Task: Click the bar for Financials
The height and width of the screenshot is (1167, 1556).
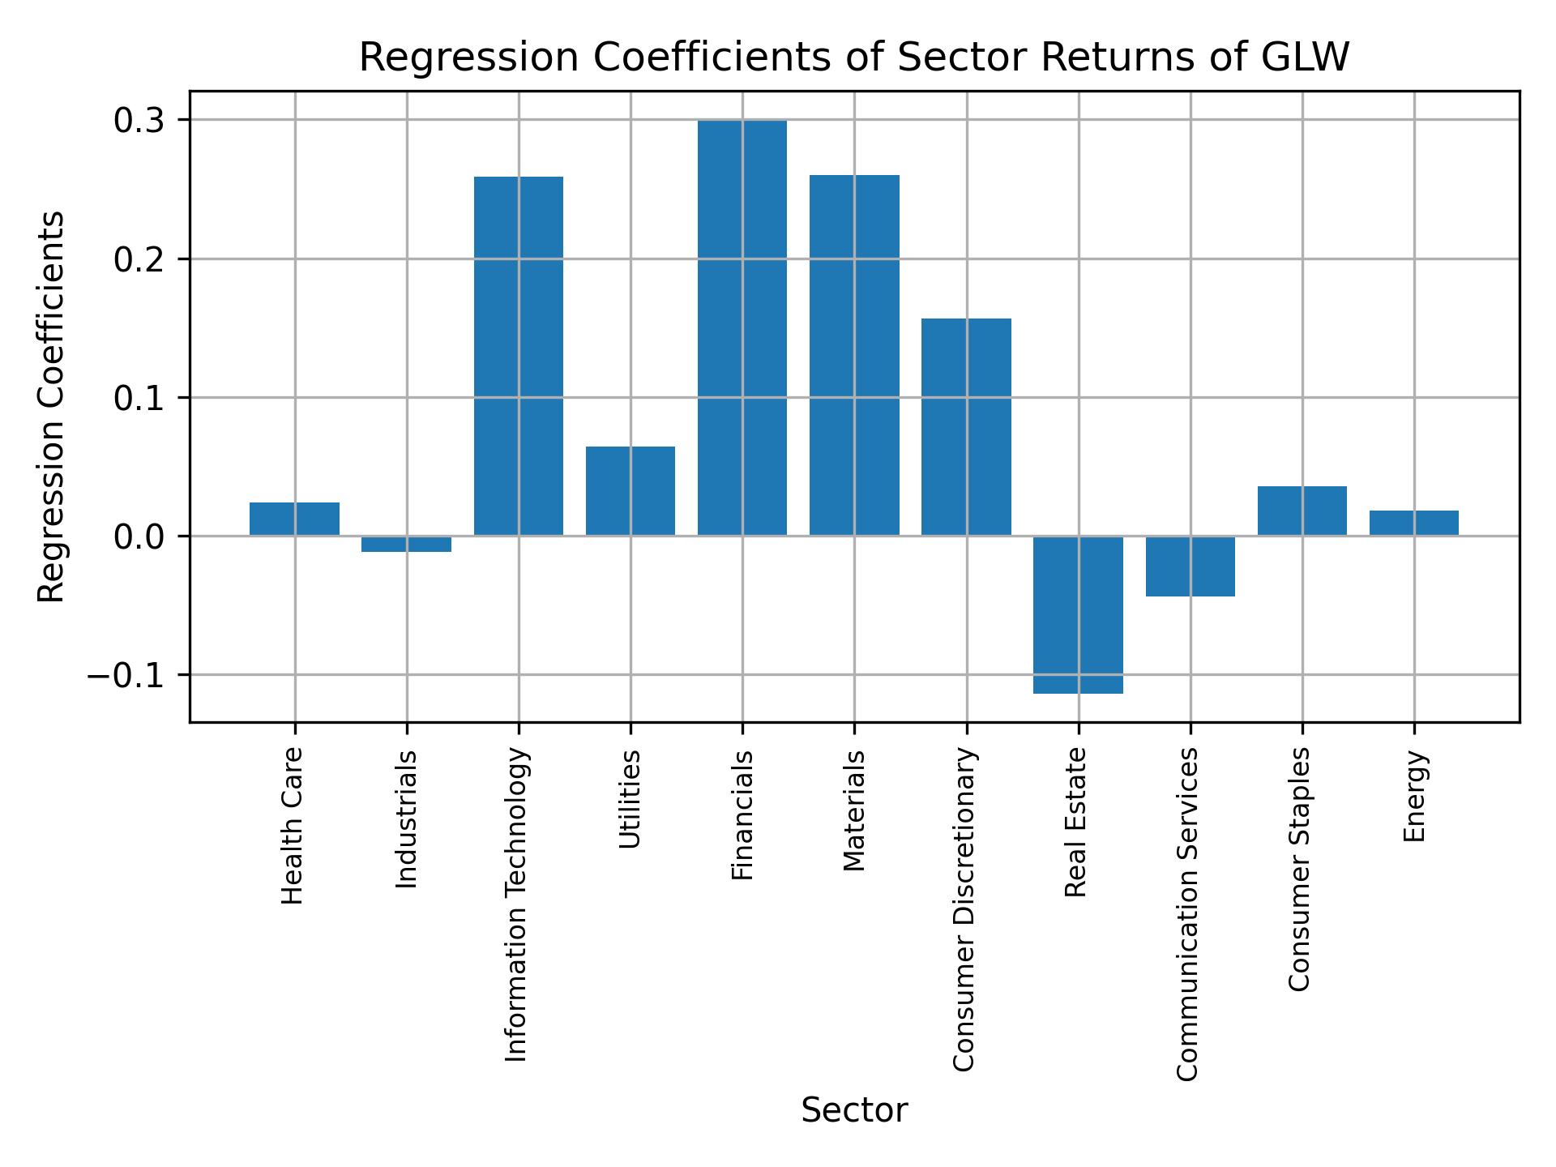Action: [742, 327]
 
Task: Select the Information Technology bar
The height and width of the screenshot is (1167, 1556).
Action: [518, 356]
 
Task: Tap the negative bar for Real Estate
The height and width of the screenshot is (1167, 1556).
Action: [1078, 614]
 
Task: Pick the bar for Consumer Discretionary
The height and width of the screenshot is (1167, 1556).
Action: [966, 427]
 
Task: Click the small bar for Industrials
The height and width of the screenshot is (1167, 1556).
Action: [406, 544]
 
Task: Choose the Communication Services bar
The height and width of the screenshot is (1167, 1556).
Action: [1190, 566]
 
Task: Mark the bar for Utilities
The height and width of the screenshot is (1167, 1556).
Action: [630, 491]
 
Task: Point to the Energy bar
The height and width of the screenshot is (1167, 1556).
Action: [1413, 523]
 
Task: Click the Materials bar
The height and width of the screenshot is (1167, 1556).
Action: [854, 355]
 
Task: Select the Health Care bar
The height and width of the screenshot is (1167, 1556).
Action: [294, 519]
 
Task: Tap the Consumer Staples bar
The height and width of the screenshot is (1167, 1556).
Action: [1302, 511]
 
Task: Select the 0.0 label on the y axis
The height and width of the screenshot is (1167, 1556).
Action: [139, 536]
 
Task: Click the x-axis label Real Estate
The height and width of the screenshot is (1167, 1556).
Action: [1075, 822]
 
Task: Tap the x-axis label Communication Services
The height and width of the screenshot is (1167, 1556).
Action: [1187, 913]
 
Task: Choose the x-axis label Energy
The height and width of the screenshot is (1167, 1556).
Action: [1413, 796]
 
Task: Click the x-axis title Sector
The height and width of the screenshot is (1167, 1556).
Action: [854, 1110]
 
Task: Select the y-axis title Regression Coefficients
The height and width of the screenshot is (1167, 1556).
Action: [52, 406]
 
